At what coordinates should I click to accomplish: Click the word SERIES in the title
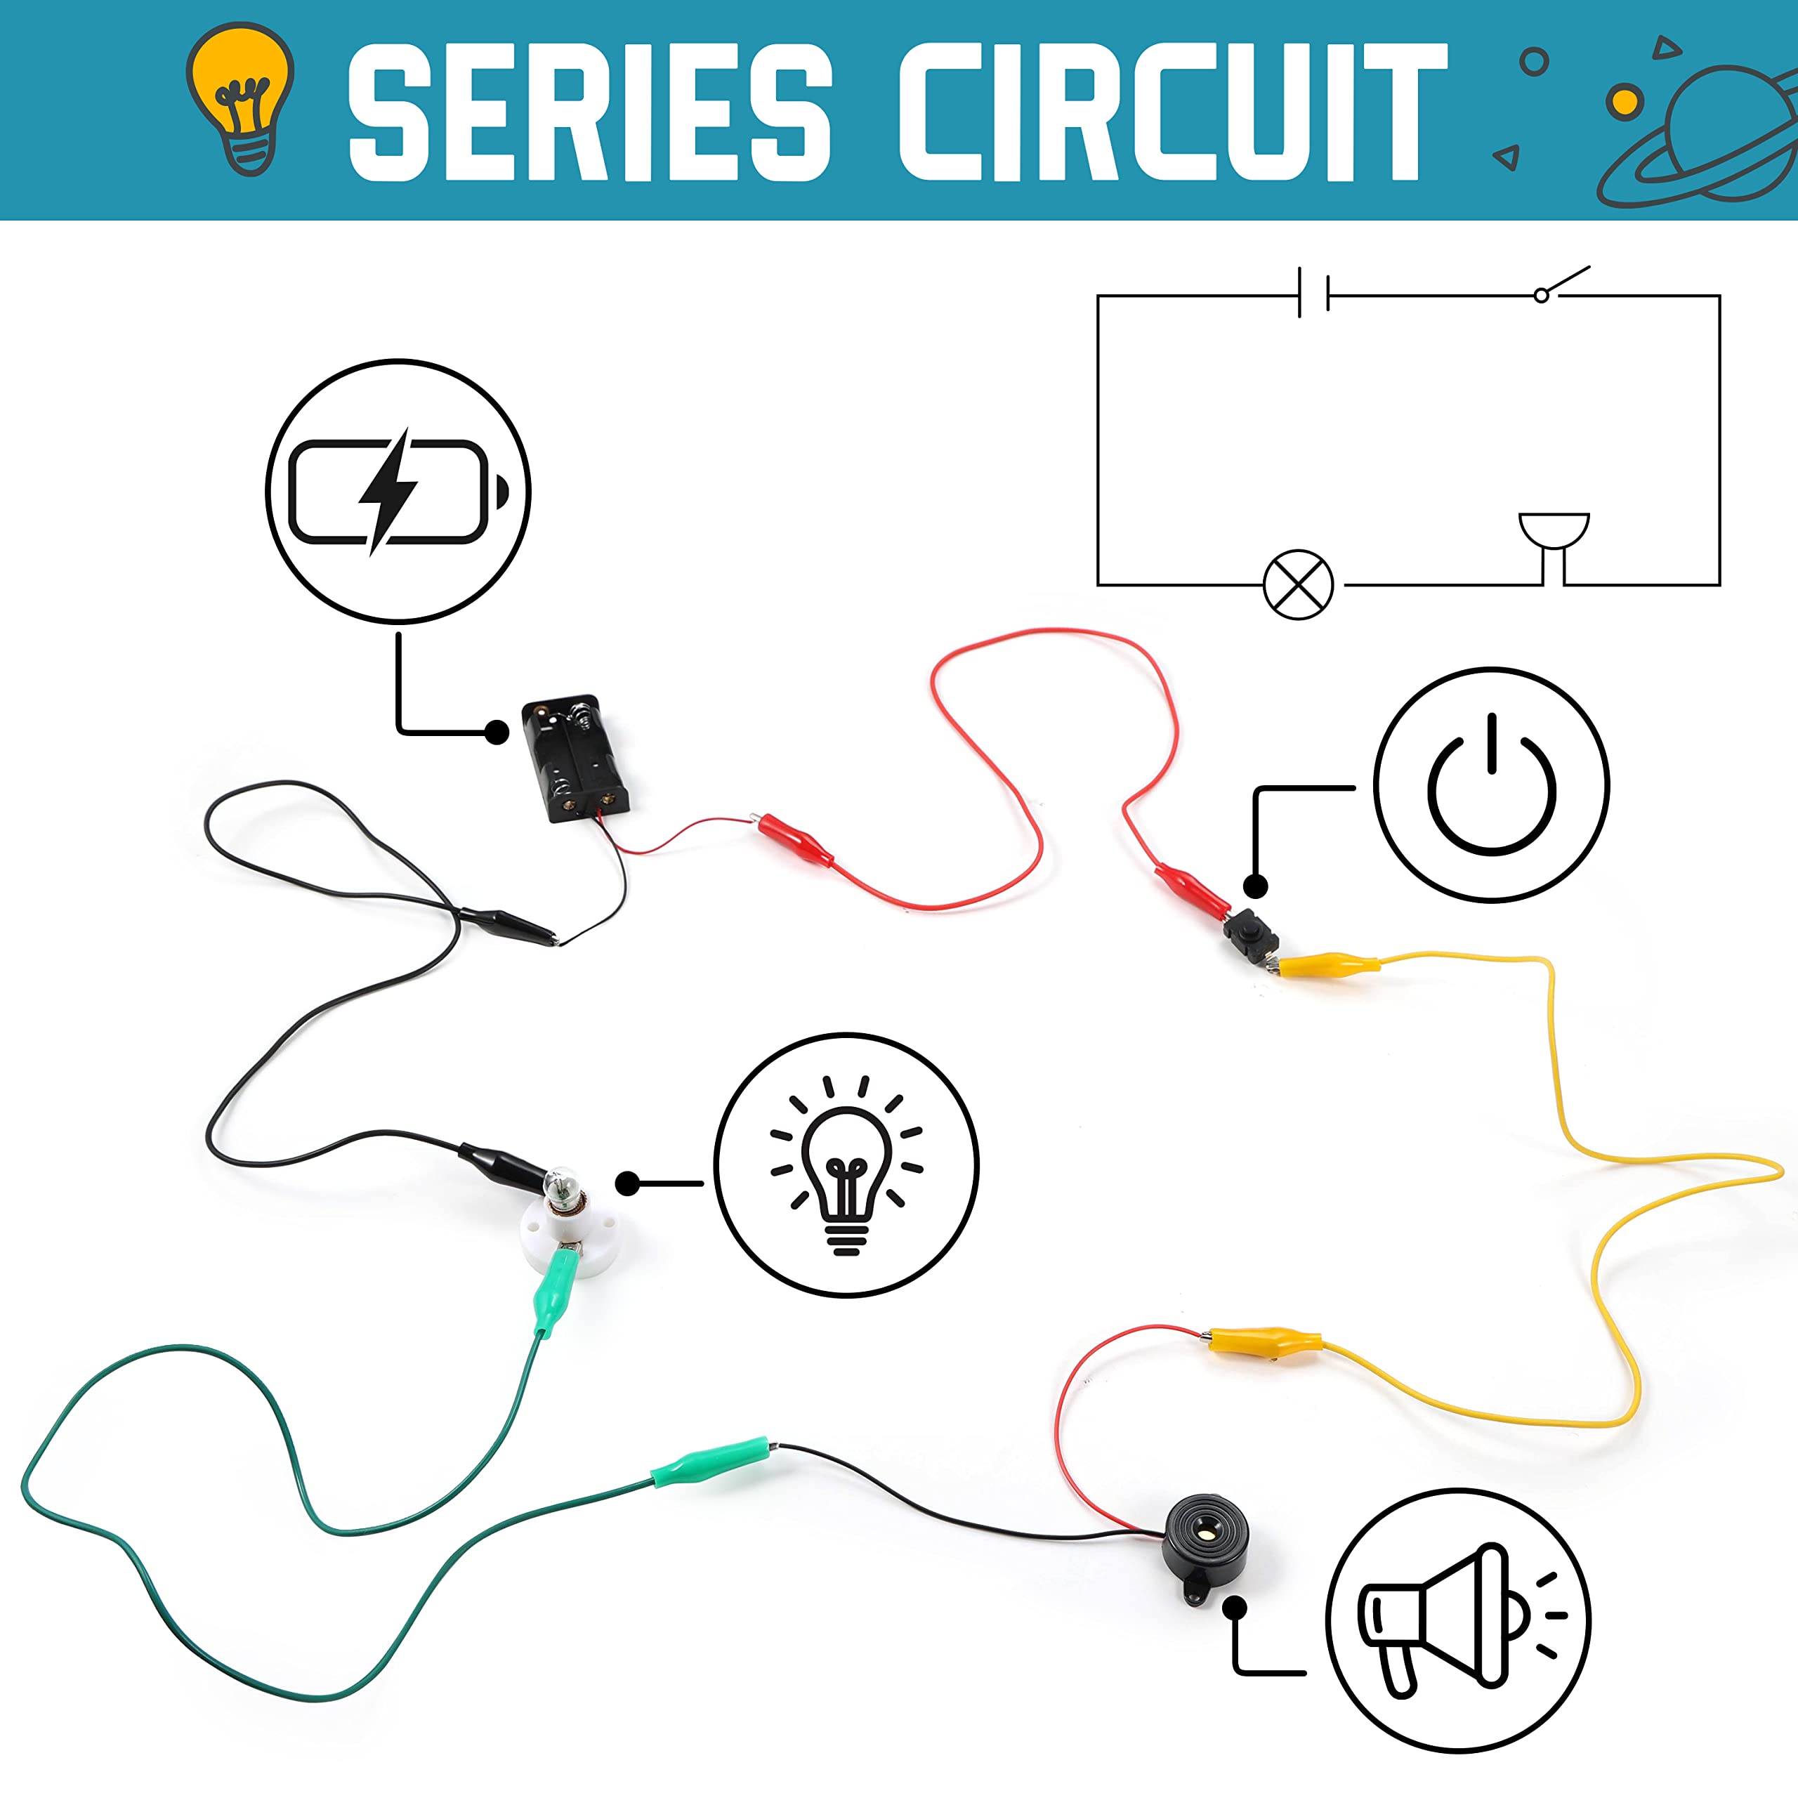pos(589,111)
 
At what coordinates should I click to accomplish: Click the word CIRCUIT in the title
pos(1173,111)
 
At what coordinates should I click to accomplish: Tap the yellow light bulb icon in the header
pos(240,98)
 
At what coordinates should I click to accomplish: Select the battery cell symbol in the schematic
pos(1313,292)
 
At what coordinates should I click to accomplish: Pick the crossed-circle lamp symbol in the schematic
pos(1298,584)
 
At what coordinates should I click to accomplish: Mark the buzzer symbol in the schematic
pos(1554,548)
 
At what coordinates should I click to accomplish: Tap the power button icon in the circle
pos(1492,784)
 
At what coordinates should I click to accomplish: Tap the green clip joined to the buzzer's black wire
pos(711,1461)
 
